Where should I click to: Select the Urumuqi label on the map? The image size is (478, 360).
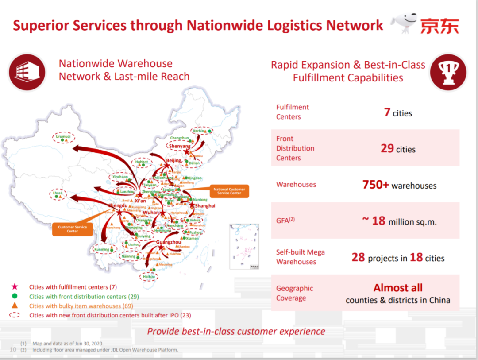click(x=63, y=137)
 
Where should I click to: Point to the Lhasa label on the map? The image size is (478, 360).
click(x=58, y=193)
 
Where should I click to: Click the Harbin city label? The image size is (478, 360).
click(x=199, y=131)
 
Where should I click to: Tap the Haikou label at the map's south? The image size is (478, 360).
click(x=149, y=277)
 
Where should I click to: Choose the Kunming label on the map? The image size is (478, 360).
click(x=102, y=249)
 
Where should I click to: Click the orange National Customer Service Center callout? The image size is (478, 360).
click(x=229, y=191)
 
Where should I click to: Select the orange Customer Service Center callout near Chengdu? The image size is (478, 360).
click(x=72, y=229)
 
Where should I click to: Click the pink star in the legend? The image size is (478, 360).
click(x=15, y=287)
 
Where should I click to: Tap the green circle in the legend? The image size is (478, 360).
click(x=15, y=296)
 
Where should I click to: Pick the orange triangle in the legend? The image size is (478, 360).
click(x=15, y=306)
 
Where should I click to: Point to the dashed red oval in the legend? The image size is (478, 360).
click(x=15, y=315)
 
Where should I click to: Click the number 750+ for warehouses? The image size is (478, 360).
click(x=375, y=185)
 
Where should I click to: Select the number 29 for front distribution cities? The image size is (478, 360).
click(x=387, y=148)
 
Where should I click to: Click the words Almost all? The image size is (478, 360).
click(x=398, y=288)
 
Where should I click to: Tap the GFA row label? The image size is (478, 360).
click(x=285, y=221)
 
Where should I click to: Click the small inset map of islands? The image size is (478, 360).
click(x=246, y=246)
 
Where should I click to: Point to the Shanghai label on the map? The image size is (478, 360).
click(x=205, y=206)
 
